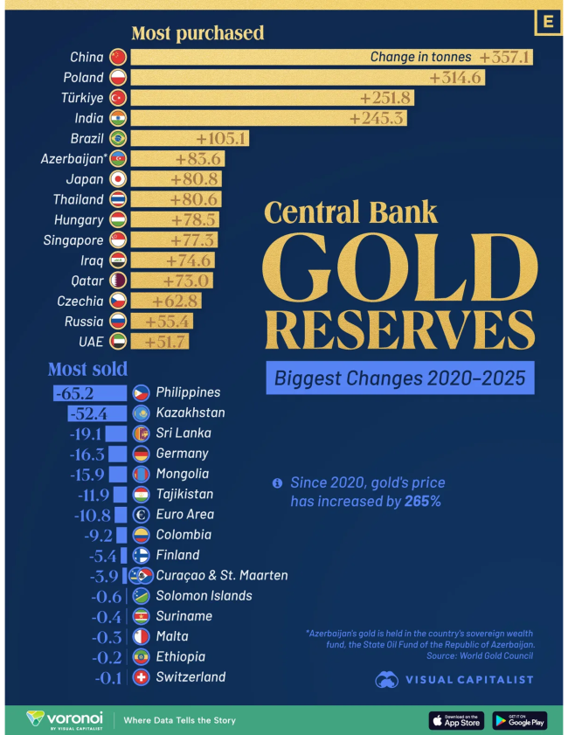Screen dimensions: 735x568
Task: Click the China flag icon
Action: click(119, 58)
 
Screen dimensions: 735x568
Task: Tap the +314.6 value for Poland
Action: click(456, 78)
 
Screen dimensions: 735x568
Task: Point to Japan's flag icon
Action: click(119, 178)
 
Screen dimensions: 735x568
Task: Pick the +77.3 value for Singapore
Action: click(189, 239)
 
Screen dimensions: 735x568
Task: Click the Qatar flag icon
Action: click(119, 280)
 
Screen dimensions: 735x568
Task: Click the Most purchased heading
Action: click(197, 34)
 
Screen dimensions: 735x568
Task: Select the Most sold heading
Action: click(87, 369)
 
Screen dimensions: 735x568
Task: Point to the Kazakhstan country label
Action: click(190, 413)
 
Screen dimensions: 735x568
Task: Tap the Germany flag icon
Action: click(141, 454)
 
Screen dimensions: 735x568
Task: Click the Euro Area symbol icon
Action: click(141, 515)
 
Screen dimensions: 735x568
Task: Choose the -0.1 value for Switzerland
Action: click(109, 677)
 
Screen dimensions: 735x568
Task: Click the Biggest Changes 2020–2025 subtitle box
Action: click(399, 378)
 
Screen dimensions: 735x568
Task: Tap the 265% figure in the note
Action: click(423, 502)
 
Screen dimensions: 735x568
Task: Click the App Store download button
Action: click(456, 720)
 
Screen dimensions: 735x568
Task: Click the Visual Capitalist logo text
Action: click(468, 679)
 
